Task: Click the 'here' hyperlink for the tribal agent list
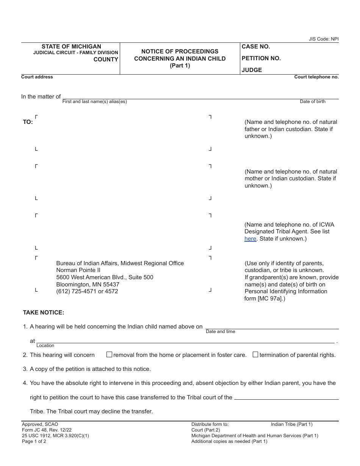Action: (250, 239)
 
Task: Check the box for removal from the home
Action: (109, 355)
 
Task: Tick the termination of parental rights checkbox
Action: (255, 355)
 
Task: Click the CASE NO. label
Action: (256, 47)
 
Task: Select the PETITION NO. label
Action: (261, 58)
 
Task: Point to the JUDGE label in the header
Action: (252, 70)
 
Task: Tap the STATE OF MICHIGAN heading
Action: (71, 47)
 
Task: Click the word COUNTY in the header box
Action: (106, 59)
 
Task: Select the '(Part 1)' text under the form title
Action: (180, 65)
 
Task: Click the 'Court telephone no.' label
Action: (316, 77)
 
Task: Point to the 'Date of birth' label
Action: (313, 102)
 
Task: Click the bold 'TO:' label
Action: (28, 122)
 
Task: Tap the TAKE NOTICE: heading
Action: (44, 313)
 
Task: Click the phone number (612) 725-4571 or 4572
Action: (87, 291)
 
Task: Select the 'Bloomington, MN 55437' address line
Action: (88, 285)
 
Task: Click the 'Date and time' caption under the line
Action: (220, 332)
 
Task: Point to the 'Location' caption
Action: (45, 346)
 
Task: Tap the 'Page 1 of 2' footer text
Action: (34, 441)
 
